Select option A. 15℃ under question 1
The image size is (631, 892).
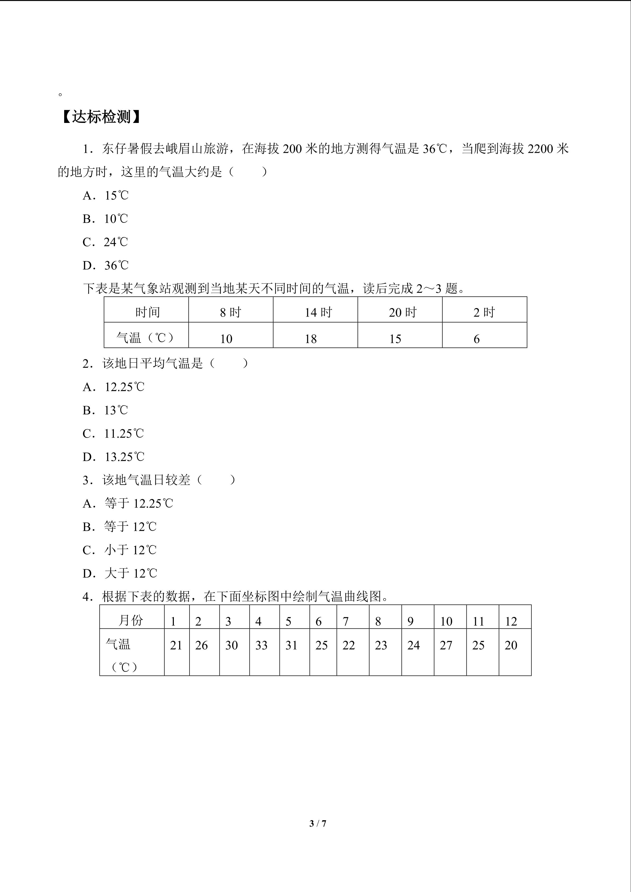click(105, 196)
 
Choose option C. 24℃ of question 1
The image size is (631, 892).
click(105, 242)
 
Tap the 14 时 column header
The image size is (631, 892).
click(318, 312)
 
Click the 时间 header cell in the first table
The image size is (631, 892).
click(147, 312)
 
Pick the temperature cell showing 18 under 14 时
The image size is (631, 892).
click(311, 339)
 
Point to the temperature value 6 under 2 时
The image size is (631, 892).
click(476, 339)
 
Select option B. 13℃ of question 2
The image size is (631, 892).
click(105, 410)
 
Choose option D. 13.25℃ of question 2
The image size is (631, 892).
click(113, 457)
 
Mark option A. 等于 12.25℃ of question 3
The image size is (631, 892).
click(127, 504)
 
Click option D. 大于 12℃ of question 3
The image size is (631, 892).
click(120, 573)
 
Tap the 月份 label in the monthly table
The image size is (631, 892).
click(131, 620)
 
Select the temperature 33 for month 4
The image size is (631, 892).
click(262, 645)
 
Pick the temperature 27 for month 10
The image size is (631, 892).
click(446, 645)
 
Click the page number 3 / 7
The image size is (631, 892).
click(317, 823)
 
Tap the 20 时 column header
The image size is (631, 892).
click(403, 312)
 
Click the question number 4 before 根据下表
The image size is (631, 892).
click(86, 597)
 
